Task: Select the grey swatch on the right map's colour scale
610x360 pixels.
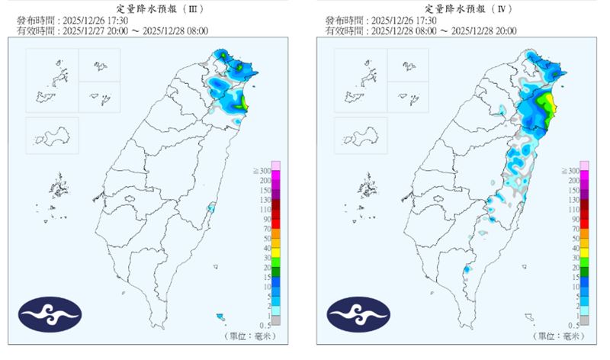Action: click(585, 320)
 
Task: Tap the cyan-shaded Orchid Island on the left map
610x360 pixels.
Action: click(220, 316)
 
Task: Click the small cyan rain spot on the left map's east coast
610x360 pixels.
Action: click(211, 208)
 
